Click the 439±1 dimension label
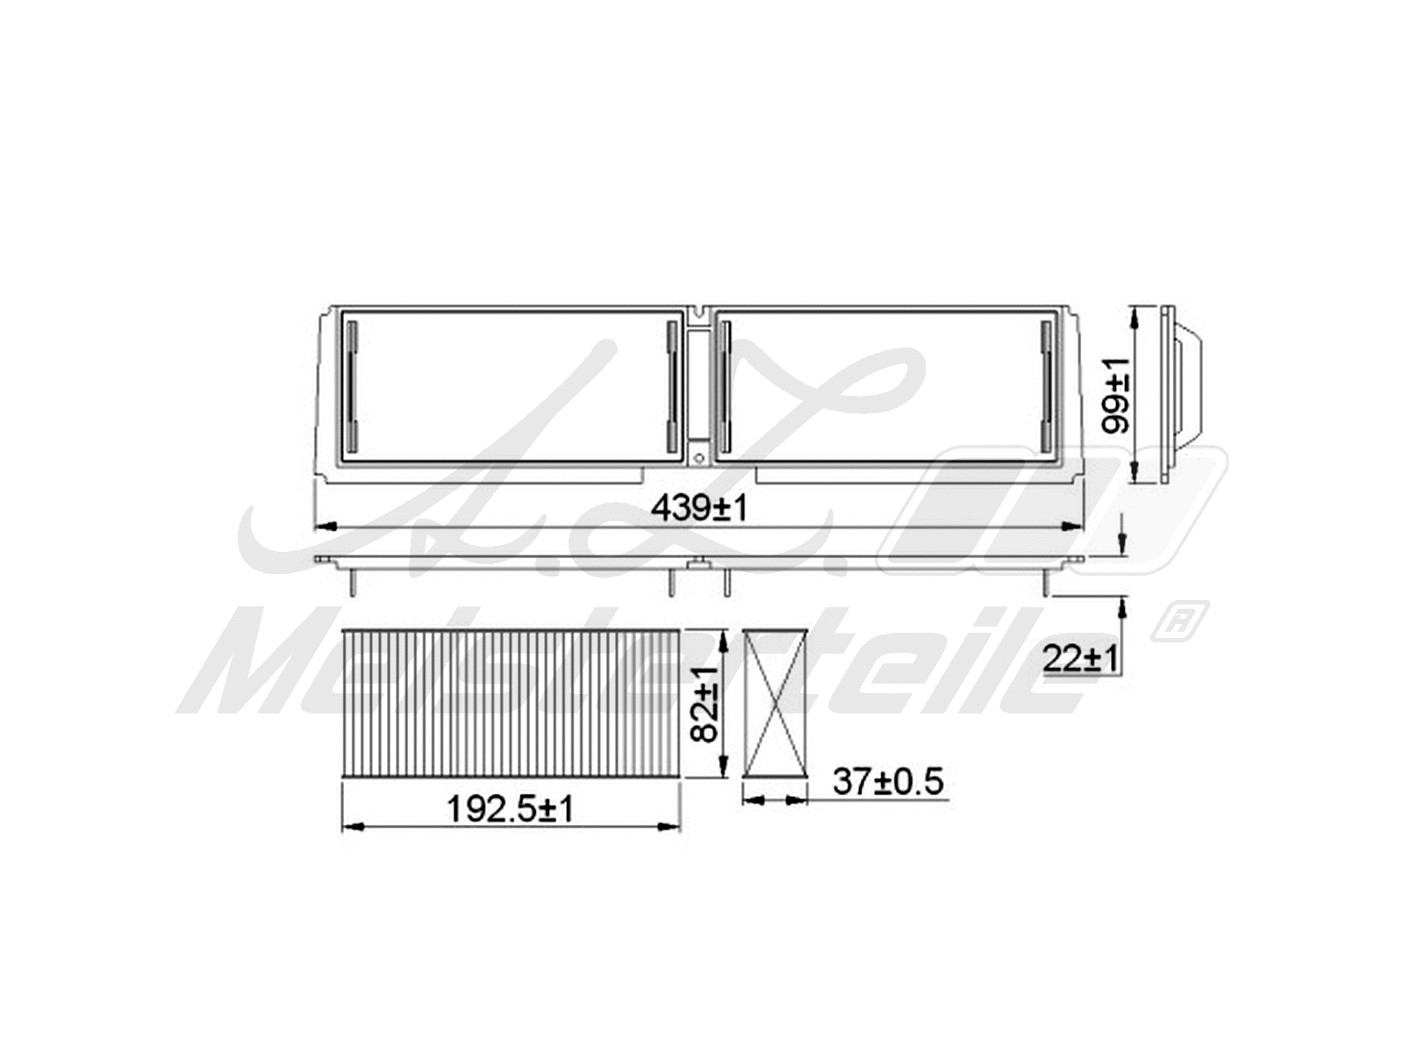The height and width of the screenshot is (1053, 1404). (x=698, y=509)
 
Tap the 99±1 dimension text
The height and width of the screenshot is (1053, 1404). (x=1115, y=396)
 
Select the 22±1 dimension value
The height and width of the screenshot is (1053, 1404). (x=1081, y=658)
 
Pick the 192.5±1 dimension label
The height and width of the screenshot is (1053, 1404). (x=511, y=810)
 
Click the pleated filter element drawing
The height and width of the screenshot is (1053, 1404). (x=511, y=704)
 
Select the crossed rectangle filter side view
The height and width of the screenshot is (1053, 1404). (x=775, y=704)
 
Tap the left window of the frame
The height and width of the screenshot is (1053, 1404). (x=511, y=385)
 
